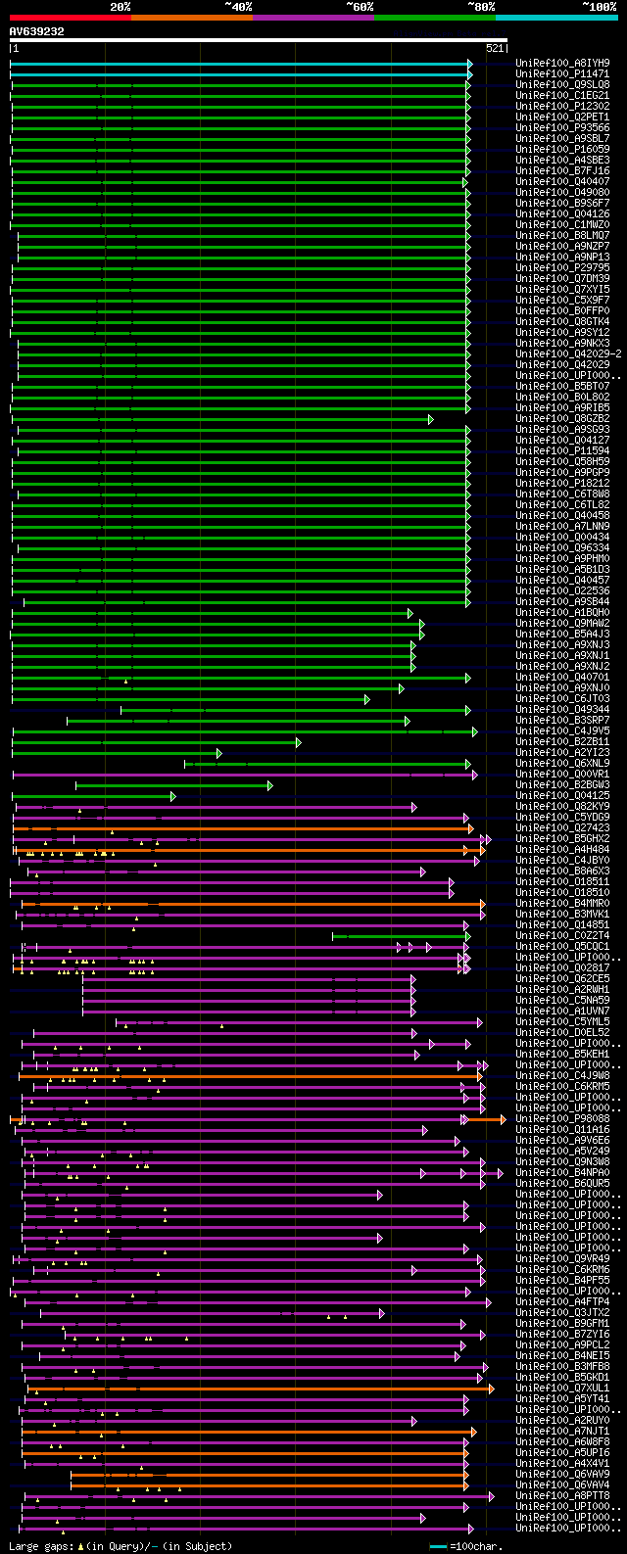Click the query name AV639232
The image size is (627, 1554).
pos(37,31)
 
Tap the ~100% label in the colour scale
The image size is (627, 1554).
pos(600,6)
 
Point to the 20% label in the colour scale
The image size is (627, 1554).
pos(121,6)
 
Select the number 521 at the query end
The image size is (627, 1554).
pos(495,48)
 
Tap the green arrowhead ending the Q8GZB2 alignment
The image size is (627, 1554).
pos(430,419)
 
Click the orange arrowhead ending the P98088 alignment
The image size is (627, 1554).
pos(503,1118)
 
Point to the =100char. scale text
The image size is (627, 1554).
pos(479,1546)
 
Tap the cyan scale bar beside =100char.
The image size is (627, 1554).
pos(439,1546)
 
